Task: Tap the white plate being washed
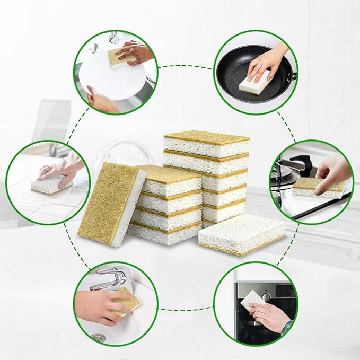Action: click(106, 80)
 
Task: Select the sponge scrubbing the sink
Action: click(127, 301)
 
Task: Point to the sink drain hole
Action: click(98, 337)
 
